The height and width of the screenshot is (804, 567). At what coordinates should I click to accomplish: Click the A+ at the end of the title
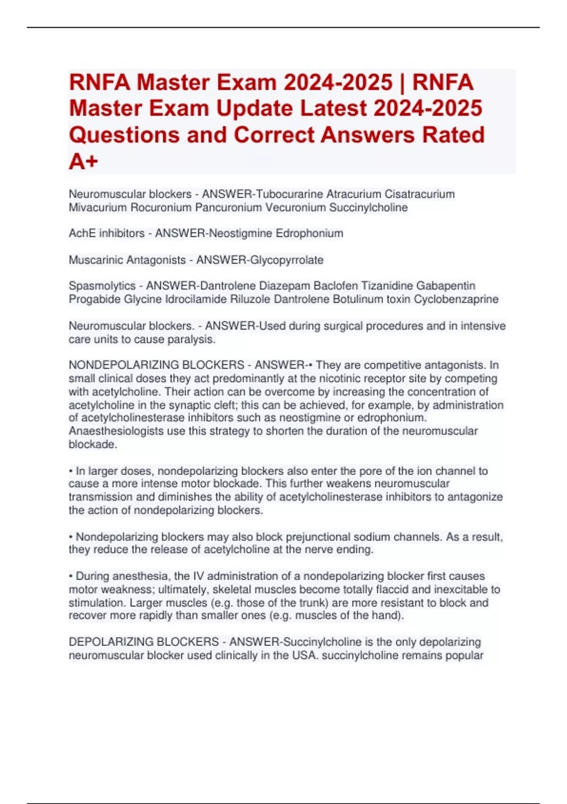tap(84, 161)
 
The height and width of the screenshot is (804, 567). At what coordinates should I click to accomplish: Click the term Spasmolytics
tap(102, 286)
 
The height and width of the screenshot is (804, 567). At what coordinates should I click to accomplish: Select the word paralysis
tap(194, 339)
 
